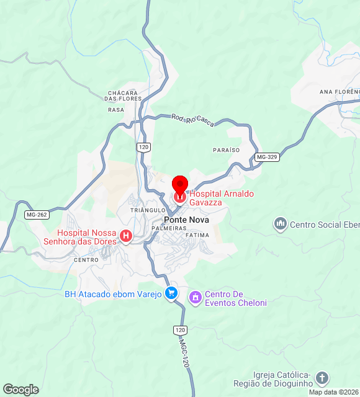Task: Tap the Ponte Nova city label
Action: [186, 220]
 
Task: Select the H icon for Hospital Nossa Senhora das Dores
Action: [126, 236]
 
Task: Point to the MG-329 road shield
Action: [266, 158]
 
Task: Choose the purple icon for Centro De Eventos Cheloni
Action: [196, 298]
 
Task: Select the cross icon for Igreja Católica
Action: [322, 378]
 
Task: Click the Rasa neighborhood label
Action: [116, 110]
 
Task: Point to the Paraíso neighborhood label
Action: [226, 150]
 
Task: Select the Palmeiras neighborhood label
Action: [169, 229]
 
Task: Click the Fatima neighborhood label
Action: [197, 236]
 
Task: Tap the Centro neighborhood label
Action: [86, 260]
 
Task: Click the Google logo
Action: [20, 390]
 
